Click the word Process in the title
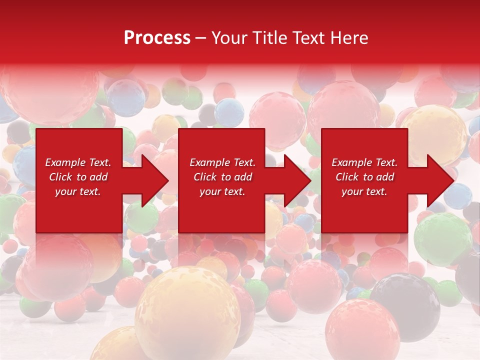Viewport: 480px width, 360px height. [x=157, y=38]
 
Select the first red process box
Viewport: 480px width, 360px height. [x=79, y=210]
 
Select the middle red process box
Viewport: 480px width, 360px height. [x=221, y=210]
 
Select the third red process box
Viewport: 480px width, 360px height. [x=364, y=210]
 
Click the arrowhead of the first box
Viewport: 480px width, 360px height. [x=154, y=180]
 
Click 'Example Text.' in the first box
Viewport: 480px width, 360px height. [x=78, y=162]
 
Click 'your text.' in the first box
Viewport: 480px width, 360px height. [x=78, y=191]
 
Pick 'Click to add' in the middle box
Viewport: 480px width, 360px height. [x=222, y=177]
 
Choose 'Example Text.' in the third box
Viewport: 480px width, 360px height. [x=364, y=162]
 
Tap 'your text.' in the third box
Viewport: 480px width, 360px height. [x=364, y=191]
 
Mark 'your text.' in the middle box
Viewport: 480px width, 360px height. [x=222, y=191]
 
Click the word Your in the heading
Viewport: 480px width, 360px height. [x=229, y=38]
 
